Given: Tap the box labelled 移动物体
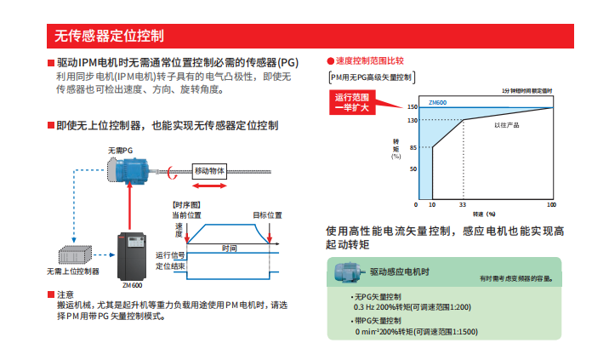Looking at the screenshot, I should [209, 170].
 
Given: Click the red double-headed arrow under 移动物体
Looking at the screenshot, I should [209, 185].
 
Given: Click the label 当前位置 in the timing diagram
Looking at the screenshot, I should [190, 214].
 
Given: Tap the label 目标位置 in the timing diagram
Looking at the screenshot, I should [267, 214].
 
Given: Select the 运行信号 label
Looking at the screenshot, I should [170, 254].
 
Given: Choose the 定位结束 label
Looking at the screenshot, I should [170, 266].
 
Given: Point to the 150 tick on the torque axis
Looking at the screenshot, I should [412, 107].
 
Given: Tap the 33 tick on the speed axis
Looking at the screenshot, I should [463, 205].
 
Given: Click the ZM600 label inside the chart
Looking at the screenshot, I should [437, 102].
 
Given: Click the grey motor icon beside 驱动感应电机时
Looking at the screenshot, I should [347, 272].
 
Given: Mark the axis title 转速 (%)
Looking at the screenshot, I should [484, 214].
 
